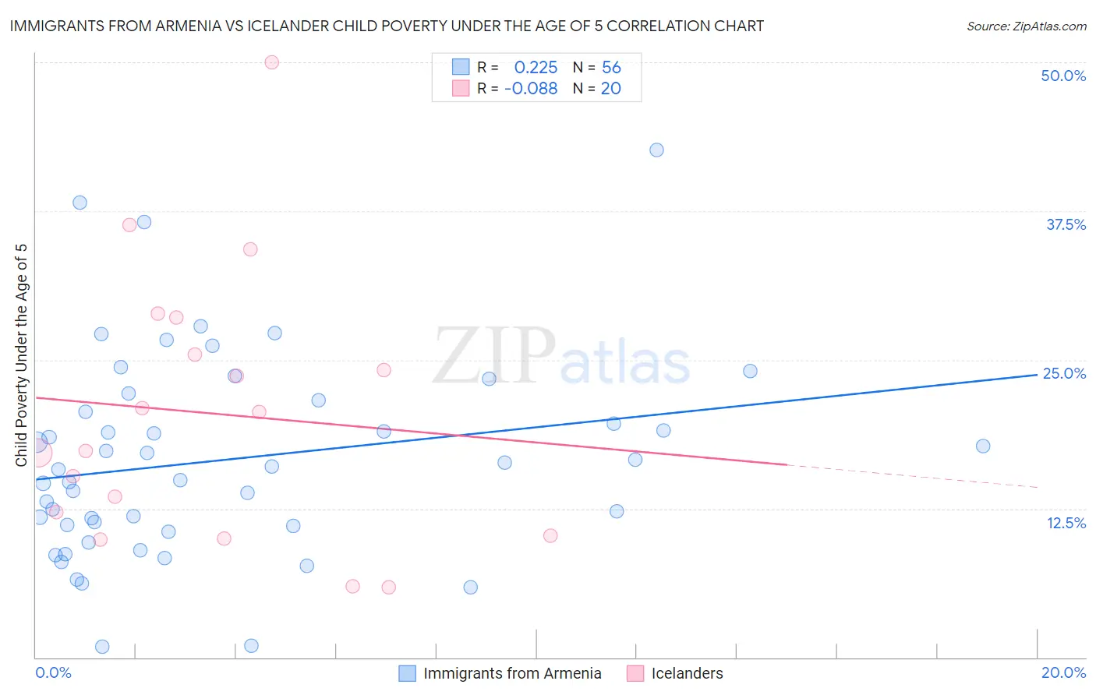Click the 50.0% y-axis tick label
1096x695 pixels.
click(x=1063, y=76)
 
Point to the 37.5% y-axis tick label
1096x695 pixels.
click(x=1066, y=224)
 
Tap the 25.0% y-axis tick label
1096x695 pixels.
click(x=1064, y=373)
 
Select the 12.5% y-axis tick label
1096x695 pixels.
click(x=1066, y=523)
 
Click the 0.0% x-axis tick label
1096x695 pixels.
click(x=53, y=672)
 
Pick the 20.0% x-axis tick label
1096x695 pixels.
click(x=1063, y=672)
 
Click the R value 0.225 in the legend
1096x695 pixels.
click(x=536, y=68)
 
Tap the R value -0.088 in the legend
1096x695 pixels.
click(x=531, y=89)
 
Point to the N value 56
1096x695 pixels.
click(x=611, y=68)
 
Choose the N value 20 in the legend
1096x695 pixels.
click(x=611, y=89)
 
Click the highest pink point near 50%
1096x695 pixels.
click(x=272, y=62)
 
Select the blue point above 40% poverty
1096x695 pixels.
click(x=657, y=150)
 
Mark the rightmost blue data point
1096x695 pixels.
click(x=983, y=446)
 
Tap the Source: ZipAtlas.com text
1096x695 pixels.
click(x=1027, y=26)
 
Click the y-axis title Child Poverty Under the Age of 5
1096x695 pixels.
click(x=22, y=355)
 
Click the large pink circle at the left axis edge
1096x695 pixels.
click(x=37, y=451)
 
